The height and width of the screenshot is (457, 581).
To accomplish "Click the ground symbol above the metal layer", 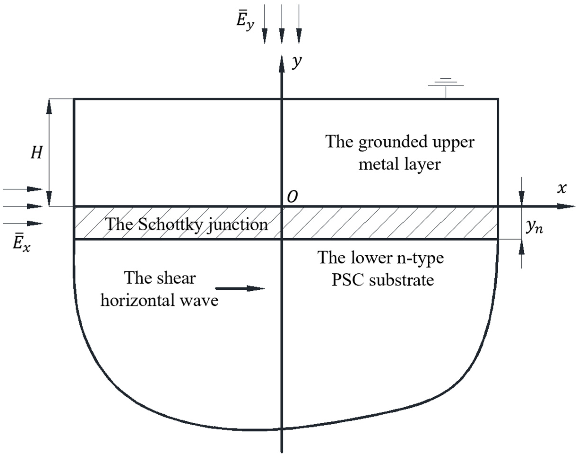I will (x=446, y=86).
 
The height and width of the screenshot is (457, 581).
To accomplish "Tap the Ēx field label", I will (x=21, y=244).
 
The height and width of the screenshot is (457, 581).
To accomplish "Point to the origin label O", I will (x=292, y=197).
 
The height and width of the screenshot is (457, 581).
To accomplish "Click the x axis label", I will (x=562, y=188).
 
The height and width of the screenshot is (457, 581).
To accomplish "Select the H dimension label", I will (x=37, y=153).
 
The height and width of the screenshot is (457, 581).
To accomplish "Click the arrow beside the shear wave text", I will (x=240, y=288).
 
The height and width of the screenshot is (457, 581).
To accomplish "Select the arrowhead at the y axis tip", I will (x=282, y=64).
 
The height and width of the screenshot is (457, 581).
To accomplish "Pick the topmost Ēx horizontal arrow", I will (x=23, y=189).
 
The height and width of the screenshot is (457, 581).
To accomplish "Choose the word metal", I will (x=379, y=164).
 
